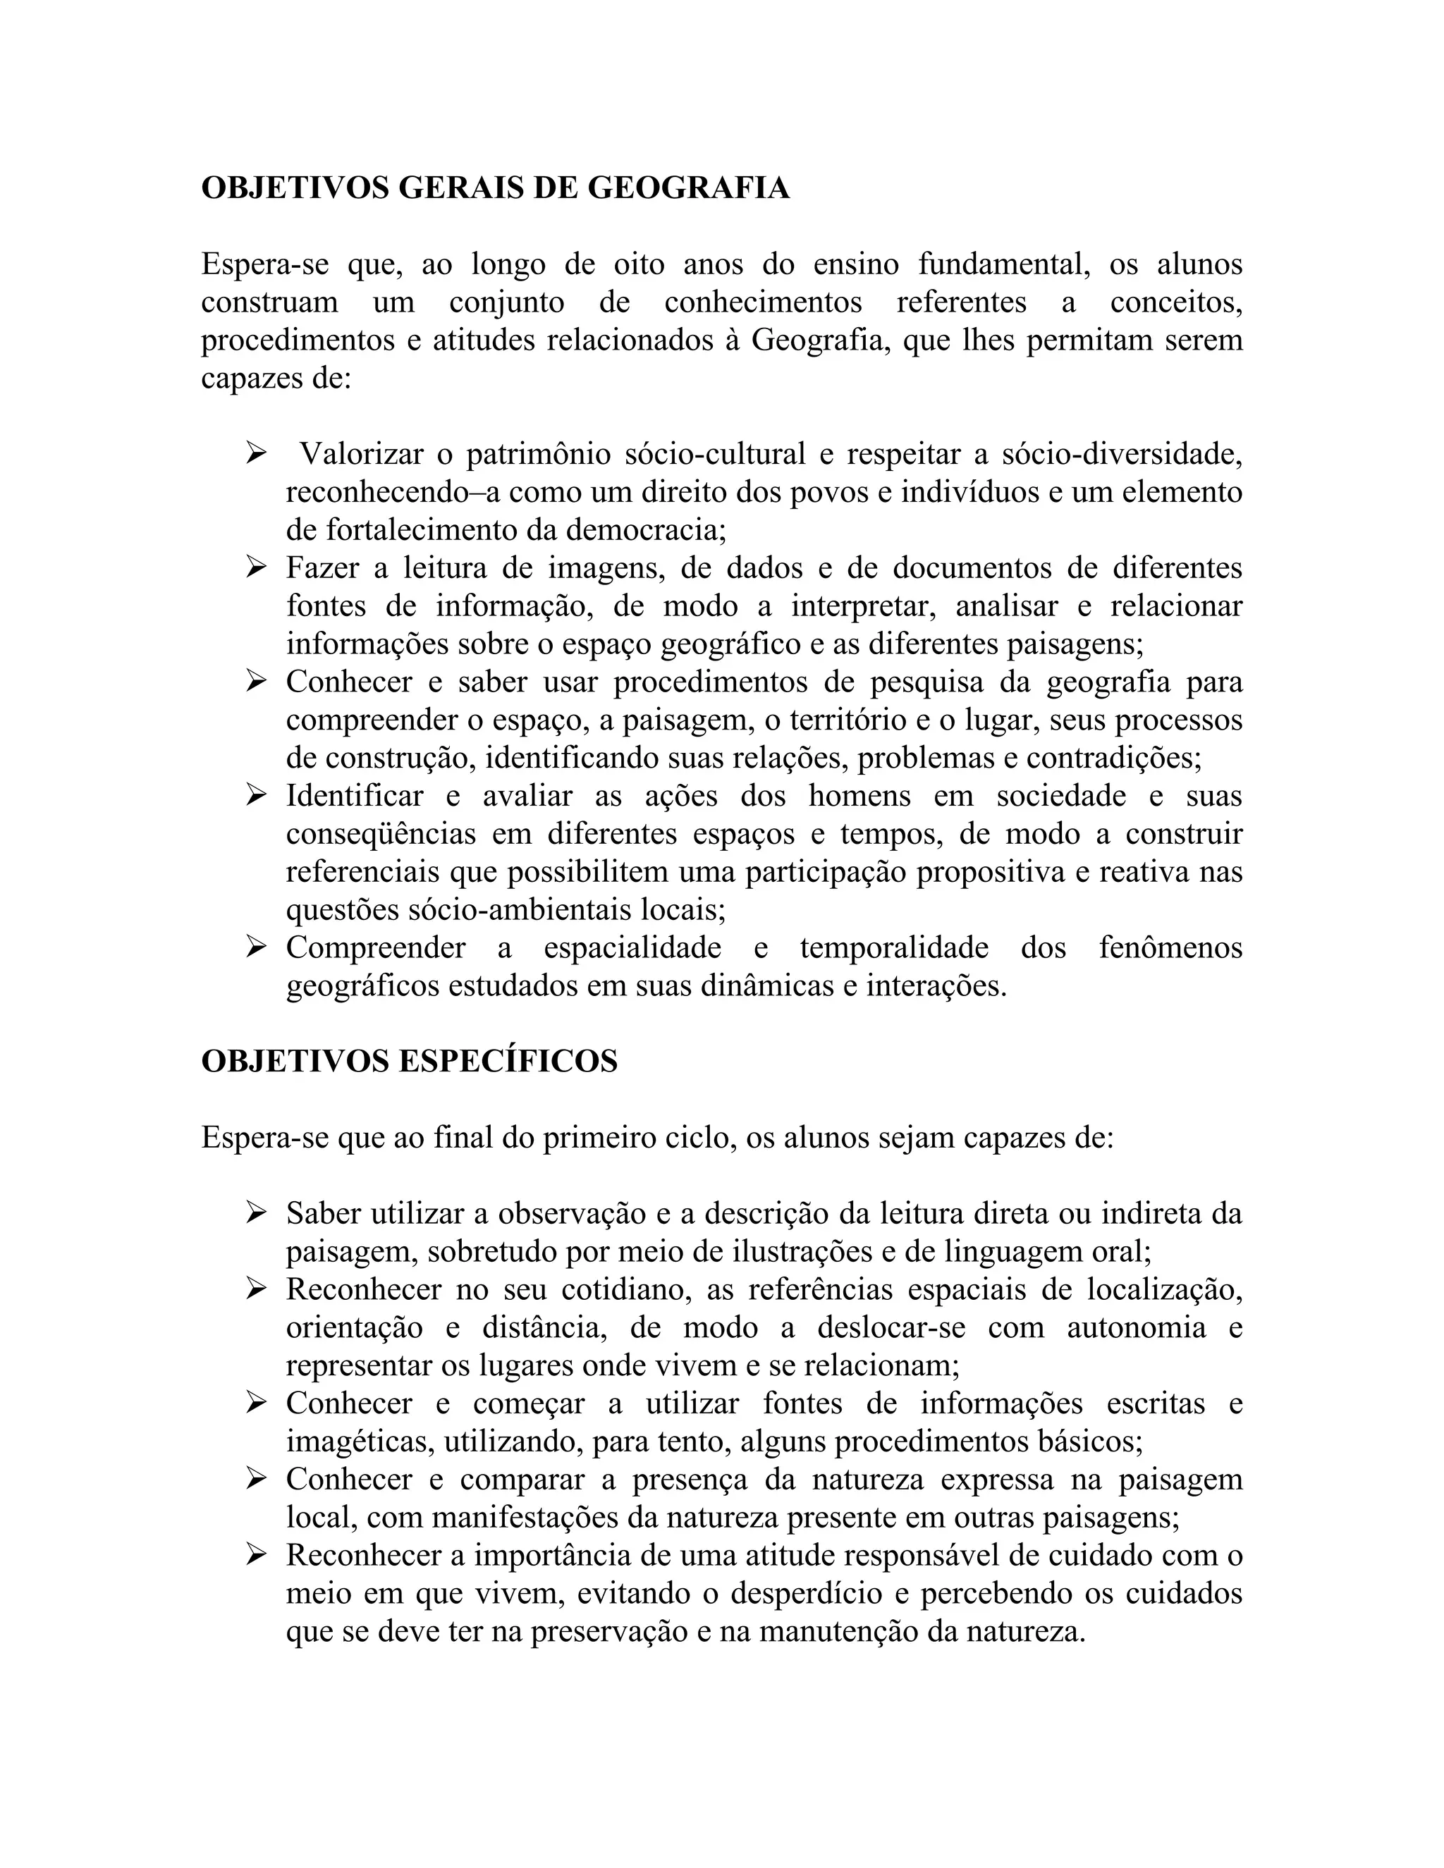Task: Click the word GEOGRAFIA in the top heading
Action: pyautogui.click(x=687, y=188)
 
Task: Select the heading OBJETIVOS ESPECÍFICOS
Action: pyautogui.click(x=409, y=1062)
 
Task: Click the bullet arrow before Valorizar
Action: pyautogui.click(x=256, y=453)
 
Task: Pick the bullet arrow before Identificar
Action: pyautogui.click(x=256, y=795)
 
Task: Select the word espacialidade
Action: pyautogui.click(x=632, y=947)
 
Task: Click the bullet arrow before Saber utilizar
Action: pyautogui.click(x=256, y=1213)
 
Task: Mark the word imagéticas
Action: pyautogui.click(x=362, y=1442)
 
